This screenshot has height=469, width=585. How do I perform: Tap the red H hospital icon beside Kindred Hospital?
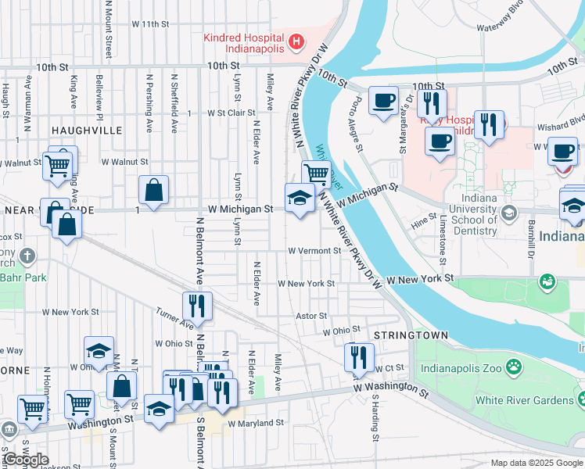(296, 41)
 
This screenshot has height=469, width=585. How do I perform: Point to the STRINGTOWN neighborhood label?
(411, 335)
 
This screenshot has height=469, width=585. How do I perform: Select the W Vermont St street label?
(314, 251)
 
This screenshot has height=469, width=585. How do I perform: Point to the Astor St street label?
(310, 316)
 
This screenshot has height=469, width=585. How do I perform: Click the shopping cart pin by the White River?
(316, 174)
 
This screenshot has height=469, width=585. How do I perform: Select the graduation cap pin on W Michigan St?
(298, 199)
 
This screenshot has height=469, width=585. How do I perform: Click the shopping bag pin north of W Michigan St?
(154, 190)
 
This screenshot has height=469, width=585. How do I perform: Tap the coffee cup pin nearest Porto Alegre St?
(382, 101)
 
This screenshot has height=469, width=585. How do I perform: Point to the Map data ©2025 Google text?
(537, 463)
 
